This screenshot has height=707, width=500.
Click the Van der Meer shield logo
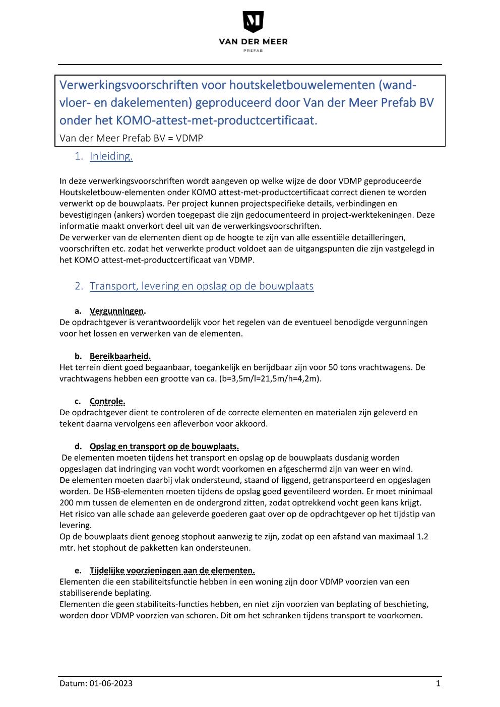[x=253, y=22]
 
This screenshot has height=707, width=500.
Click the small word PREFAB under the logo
[x=253, y=50]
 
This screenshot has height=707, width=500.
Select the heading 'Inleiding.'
[x=111, y=156]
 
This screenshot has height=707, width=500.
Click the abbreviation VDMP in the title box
[x=190, y=138]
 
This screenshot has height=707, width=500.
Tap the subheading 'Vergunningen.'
[x=117, y=311]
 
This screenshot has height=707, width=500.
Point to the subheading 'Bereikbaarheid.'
[x=120, y=356]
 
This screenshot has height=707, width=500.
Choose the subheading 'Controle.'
[x=107, y=401]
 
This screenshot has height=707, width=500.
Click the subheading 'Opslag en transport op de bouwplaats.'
[x=164, y=446]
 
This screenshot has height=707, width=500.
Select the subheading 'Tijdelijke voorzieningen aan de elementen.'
[x=172, y=570]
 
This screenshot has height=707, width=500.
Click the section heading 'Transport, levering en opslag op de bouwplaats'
[x=201, y=286]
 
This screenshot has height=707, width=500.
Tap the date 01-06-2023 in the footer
[x=111, y=684]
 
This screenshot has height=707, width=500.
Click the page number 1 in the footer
[x=438, y=684]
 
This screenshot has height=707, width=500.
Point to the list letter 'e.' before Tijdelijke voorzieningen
[x=78, y=570]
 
